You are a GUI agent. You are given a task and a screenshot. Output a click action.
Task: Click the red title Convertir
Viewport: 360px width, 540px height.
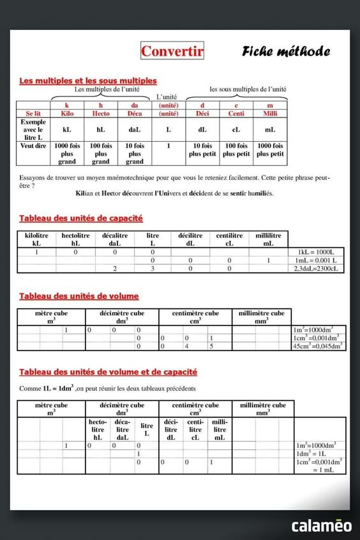point(172,51)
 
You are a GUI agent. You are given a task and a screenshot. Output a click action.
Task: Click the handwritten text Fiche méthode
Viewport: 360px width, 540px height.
point(285,52)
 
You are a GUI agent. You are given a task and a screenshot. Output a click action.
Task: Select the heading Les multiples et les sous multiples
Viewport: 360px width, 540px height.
point(88,81)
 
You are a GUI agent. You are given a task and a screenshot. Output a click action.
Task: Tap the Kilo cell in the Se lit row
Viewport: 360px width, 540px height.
point(67,114)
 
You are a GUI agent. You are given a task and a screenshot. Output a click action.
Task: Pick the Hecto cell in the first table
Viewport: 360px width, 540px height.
point(101,114)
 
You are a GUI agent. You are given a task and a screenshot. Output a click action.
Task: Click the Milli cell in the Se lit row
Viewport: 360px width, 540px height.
point(270,114)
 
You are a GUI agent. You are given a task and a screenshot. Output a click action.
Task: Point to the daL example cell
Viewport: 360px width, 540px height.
point(135,130)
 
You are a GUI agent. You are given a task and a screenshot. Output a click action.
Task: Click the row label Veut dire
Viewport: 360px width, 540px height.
point(33,146)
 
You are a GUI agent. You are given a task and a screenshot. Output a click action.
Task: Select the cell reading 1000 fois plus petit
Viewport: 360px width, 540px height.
point(270,150)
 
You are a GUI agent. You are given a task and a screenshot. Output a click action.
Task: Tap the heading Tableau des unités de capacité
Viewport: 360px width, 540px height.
point(81,218)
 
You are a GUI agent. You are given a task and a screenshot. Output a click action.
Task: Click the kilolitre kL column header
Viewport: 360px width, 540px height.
point(36,239)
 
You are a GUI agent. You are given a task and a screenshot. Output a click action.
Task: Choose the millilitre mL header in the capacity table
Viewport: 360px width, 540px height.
point(268,239)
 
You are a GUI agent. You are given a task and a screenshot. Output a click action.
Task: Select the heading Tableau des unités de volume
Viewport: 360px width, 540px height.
point(79,296)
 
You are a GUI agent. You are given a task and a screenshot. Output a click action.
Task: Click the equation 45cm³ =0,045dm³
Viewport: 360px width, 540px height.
point(318,346)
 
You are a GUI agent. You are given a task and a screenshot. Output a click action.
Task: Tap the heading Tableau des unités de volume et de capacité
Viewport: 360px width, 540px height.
point(109,371)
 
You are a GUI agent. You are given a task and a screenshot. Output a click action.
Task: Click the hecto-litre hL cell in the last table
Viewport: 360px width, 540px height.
point(98,430)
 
